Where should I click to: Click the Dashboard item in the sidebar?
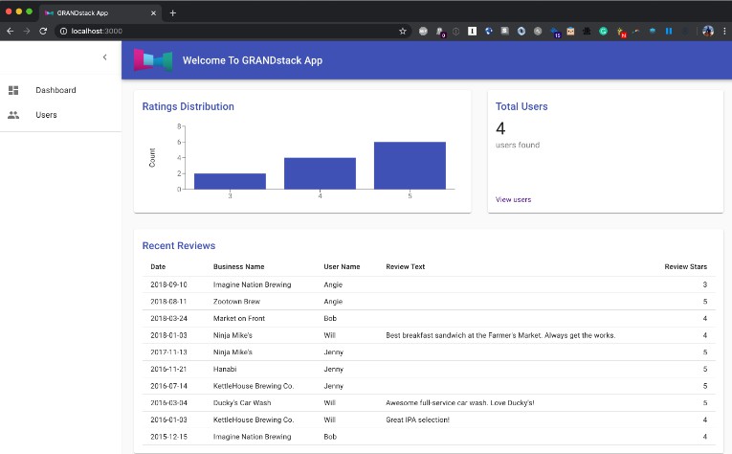click(x=55, y=90)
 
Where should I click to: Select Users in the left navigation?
click(x=46, y=115)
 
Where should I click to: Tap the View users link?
click(x=513, y=199)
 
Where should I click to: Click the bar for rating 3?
click(x=230, y=181)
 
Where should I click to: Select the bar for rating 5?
click(x=410, y=166)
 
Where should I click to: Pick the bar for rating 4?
click(x=320, y=173)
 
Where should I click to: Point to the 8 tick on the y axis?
click(x=179, y=126)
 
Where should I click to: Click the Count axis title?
click(x=152, y=158)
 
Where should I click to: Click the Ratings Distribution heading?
click(x=188, y=106)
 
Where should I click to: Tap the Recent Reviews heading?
click(x=179, y=246)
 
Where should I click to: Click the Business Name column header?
click(x=238, y=266)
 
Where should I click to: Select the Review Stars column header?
click(x=685, y=266)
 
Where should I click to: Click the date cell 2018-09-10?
click(x=168, y=284)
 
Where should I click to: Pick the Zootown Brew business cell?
click(x=236, y=302)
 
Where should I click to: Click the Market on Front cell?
click(x=238, y=318)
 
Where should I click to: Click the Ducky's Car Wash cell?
click(x=242, y=402)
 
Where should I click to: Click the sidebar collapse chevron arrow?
click(x=104, y=57)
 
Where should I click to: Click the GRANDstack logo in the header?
click(x=152, y=60)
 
